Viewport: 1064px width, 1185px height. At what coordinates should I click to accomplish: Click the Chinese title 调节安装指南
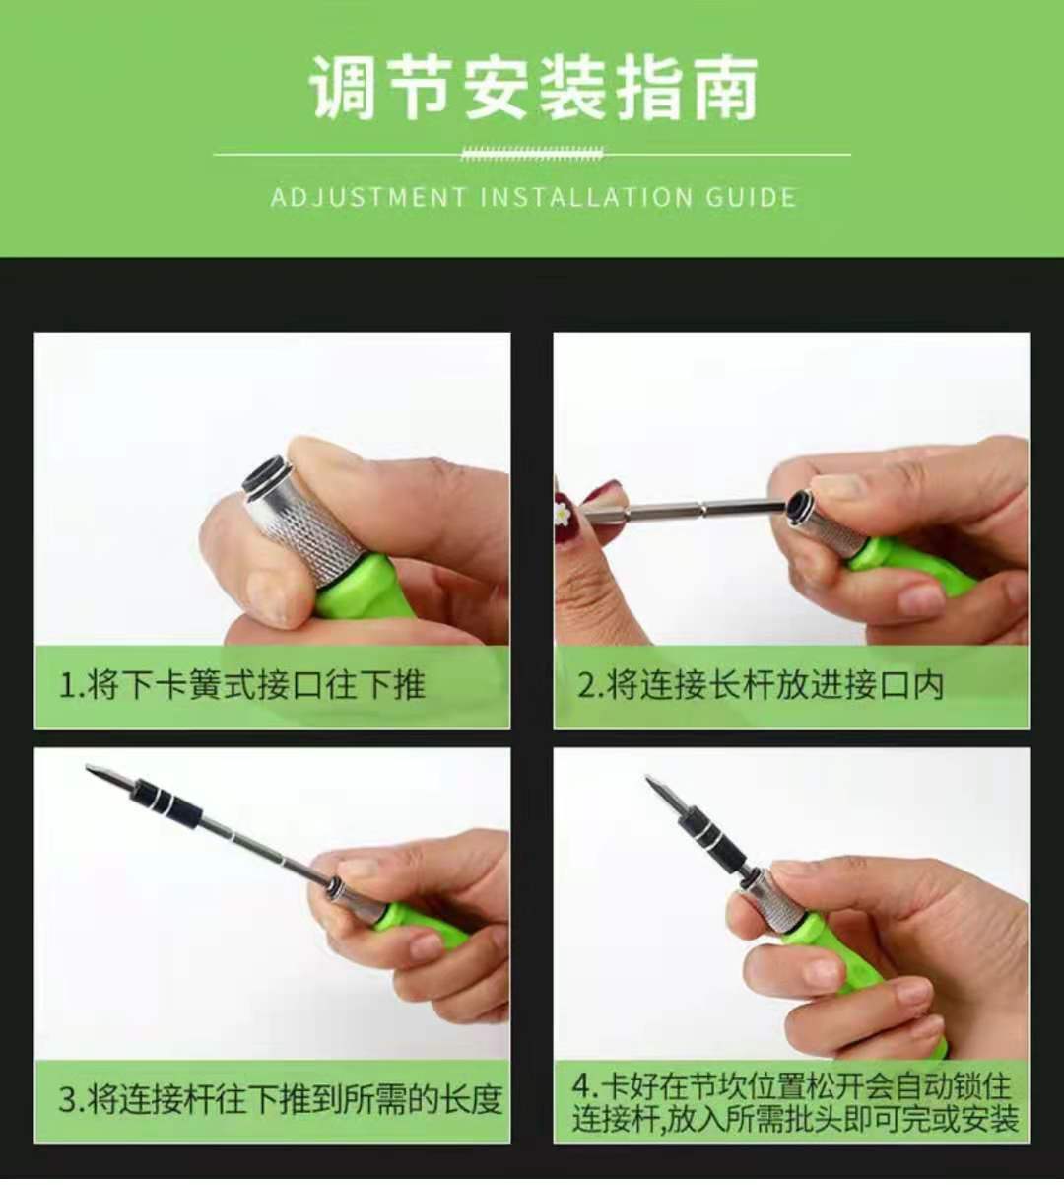[x=533, y=89]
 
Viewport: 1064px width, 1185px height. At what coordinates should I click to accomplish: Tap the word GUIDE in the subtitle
[x=751, y=197]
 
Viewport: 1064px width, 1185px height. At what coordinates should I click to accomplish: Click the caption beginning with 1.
[x=241, y=685]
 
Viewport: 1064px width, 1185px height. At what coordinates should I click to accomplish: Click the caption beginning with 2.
[x=760, y=685]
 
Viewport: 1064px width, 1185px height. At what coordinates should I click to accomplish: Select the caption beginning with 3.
[x=280, y=1099]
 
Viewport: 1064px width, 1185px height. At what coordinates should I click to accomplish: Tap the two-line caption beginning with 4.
[x=794, y=1102]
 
